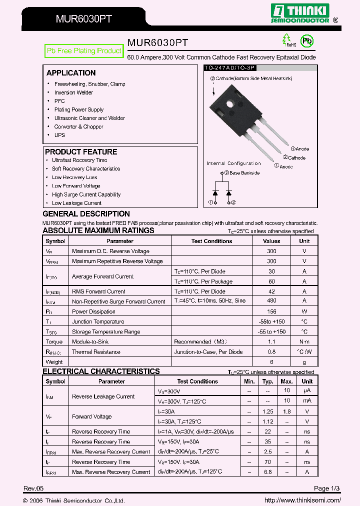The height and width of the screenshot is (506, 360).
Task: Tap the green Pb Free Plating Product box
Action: pyautogui.click(x=83, y=51)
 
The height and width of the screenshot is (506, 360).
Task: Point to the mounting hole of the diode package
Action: pyautogui.click(x=230, y=104)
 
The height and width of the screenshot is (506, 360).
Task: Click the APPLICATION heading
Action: pyautogui.click(x=71, y=73)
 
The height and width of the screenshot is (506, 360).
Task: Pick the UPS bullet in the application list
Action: pyautogui.click(x=59, y=135)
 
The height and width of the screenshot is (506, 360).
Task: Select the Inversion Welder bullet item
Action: pyautogui.click(x=73, y=92)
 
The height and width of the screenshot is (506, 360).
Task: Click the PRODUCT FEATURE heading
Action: pyautogui.click(x=81, y=151)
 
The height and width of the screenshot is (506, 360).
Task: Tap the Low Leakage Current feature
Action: pyautogui.click(x=76, y=203)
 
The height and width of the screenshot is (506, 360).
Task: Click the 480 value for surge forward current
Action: pyautogui.click(x=271, y=301)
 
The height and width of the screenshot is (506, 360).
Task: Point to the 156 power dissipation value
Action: pyautogui.click(x=271, y=311)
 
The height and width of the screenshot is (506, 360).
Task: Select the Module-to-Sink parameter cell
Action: pyautogui.click(x=90, y=341)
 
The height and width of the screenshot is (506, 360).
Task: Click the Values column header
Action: pyautogui.click(x=271, y=241)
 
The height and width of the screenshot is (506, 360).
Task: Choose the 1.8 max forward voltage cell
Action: pyautogui.click(x=287, y=411)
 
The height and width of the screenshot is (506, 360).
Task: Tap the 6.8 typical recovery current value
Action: pyautogui.click(x=267, y=472)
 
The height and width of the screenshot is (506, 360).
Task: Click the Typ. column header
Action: pyautogui.click(x=267, y=381)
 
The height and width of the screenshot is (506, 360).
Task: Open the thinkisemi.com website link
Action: pyautogui.click(x=302, y=500)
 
